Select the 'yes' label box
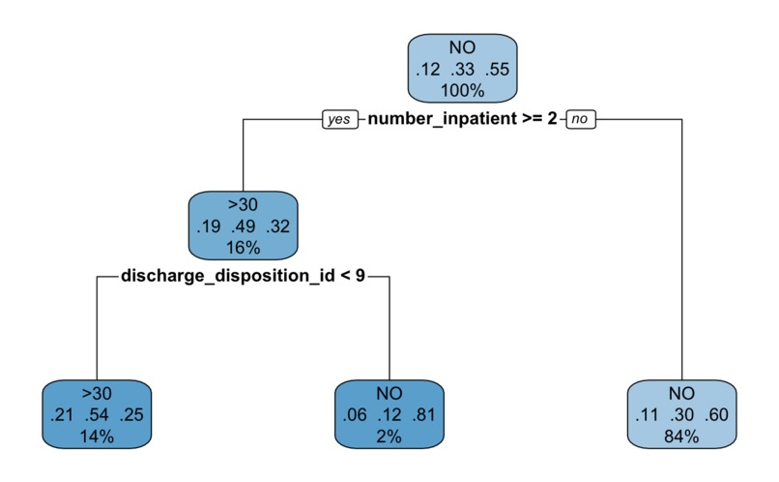point(338,120)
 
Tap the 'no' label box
point(580,120)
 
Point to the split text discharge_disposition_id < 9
point(243,277)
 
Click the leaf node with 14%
point(98,415)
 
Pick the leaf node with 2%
point(389,415)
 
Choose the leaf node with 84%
point(681,415)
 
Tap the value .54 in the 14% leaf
point(98,416)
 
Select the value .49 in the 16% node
point(244,227)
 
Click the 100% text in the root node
point(463,91)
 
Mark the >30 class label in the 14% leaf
point(98,395)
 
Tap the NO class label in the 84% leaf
point(681,395)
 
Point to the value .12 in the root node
point(426,70)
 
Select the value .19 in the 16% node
point(207,227)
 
